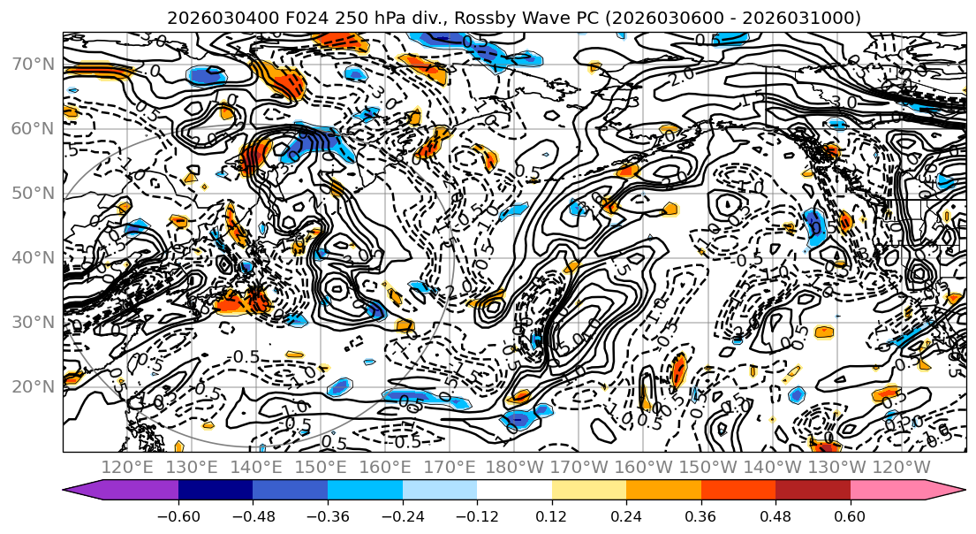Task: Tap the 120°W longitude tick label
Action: tap(902, 467)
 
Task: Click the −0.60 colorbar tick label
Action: tap(178, 515)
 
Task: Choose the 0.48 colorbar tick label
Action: tap(776, 515)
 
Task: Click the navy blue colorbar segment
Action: tap(216, 490)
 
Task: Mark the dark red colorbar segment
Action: tap(813, 490)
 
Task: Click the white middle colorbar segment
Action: tap(514, 490)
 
